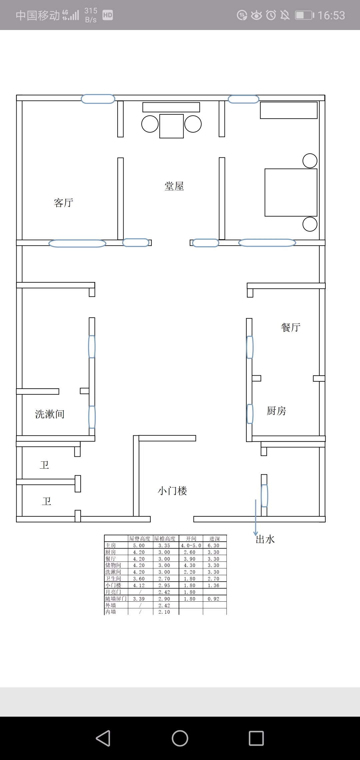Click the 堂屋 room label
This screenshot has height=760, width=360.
coord(174,186)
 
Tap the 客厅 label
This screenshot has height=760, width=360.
coord(63,202)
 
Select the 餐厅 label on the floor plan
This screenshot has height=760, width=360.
coord(291,327)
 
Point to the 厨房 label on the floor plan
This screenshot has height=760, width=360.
coord(276,411)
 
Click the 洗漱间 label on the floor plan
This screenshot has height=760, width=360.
coord(50,414)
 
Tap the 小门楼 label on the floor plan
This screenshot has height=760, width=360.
coord(172,491)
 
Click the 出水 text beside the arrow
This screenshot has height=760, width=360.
coord(265,539)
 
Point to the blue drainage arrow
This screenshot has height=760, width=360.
coord(256,517)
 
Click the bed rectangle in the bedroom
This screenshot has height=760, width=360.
coord(291,192)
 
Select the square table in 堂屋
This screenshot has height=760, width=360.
coord(172,126)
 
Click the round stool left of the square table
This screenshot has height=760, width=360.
coord(150,124)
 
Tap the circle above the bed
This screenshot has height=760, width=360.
coord(310,161)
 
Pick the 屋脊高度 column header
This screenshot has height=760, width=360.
coord(140,538)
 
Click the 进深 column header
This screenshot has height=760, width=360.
coord(215,538)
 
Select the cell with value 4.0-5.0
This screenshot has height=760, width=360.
coord(191,545)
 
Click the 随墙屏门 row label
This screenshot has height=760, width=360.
coord(116,599)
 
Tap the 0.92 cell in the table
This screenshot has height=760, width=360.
coord(214,599)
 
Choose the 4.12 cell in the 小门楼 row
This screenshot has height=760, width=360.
coord(139,585)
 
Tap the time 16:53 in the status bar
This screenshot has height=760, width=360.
coord(331,15)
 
